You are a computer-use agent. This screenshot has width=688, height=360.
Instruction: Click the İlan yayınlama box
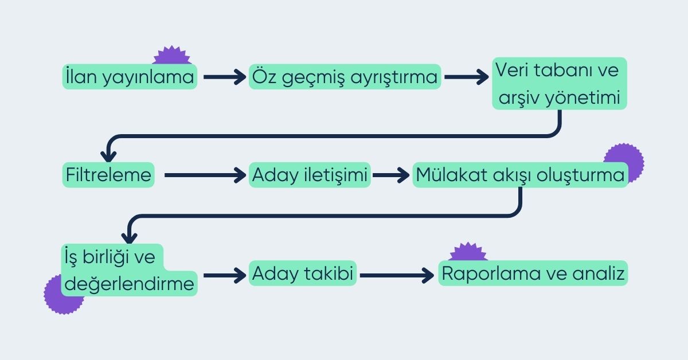130,77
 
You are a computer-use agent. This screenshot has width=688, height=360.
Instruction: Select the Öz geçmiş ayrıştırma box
345,77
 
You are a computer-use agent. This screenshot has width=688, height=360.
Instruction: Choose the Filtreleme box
108,175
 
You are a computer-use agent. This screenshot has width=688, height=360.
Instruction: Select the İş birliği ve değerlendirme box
128,270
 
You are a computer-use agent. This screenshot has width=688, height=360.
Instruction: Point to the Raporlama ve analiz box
533,274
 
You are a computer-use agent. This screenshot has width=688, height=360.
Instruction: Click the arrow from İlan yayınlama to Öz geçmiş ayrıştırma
224,77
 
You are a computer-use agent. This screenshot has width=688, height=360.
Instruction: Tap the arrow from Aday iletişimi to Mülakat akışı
392,175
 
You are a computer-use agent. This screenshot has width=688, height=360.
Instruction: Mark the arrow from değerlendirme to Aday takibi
224,275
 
